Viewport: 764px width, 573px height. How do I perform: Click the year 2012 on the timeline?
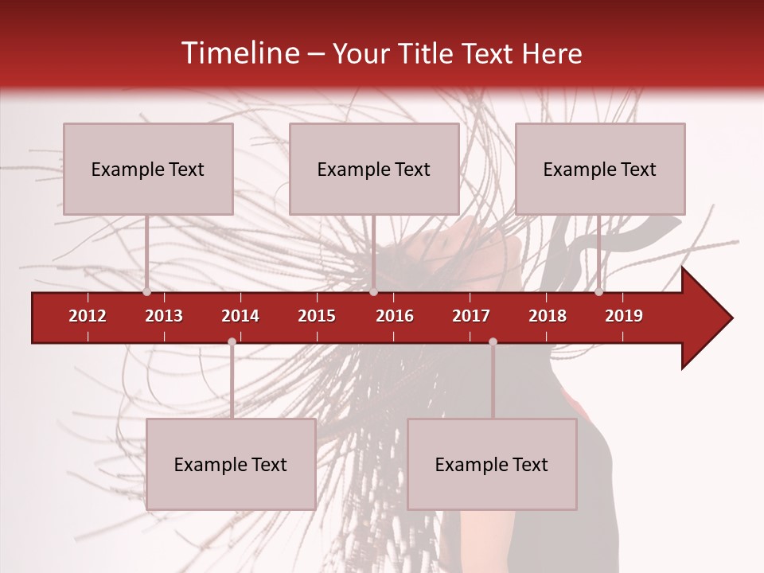point(88,316)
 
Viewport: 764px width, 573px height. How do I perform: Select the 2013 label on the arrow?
point(164,316)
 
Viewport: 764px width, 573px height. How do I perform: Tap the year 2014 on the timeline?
point(240,316)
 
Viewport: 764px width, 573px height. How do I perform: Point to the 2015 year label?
point(317,316)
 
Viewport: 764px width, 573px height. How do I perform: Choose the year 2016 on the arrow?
point(395,316)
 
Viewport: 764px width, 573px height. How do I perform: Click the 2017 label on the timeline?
point(471,316)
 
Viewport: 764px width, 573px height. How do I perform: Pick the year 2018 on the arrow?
point(548,316)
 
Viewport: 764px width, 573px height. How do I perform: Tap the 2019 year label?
point(624,316)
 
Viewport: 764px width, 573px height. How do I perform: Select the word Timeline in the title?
point(238,53)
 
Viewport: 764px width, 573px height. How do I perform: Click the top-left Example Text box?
point(148,169)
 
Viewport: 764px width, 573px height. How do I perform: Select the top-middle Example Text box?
point(374,169)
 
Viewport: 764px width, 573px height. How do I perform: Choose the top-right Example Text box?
point(600,169)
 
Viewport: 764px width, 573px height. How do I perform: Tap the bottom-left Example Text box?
point(231,464)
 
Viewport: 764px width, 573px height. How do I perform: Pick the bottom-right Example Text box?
point(492,464)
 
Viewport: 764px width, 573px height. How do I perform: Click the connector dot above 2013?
point(146,292)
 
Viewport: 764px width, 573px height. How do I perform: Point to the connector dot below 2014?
point(232,341)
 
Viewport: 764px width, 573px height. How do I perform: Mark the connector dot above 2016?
point(373,292)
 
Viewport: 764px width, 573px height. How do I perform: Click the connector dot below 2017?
point(493,341)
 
